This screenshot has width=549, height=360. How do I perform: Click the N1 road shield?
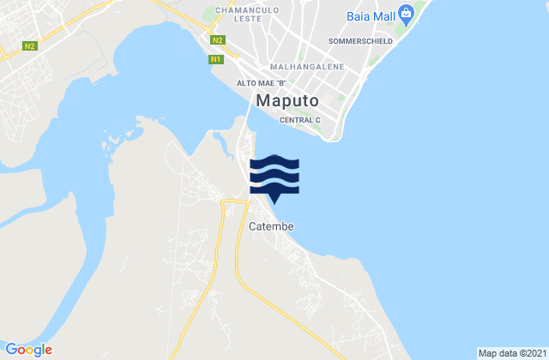click(216, 59)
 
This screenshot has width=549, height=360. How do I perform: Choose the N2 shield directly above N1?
click(218, 40)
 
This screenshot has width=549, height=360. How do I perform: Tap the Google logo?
click(28, 349)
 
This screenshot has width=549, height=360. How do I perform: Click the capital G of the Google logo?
click(11, 349)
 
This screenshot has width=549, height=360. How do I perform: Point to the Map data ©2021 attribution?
click(510, 353)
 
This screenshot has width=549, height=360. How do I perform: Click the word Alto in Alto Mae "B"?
click(246, 83)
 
